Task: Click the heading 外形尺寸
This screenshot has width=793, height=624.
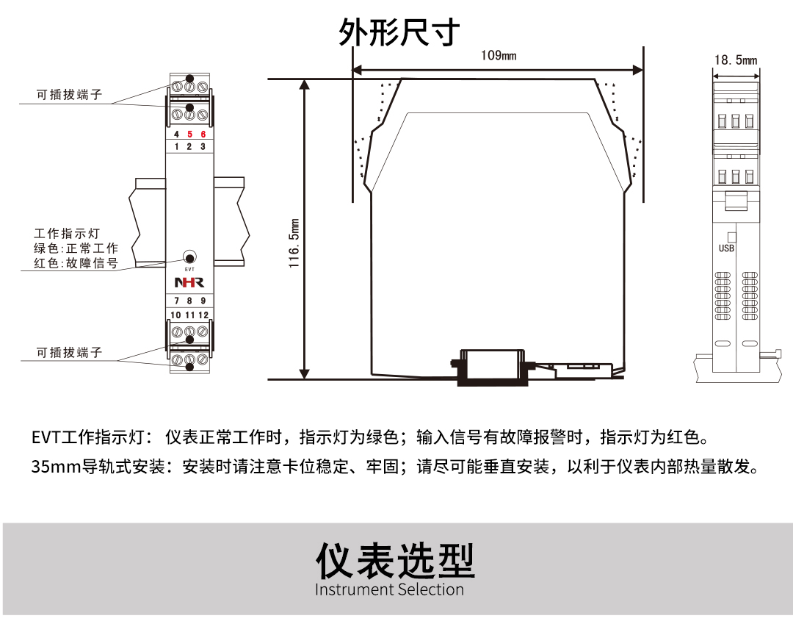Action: click(399, 33)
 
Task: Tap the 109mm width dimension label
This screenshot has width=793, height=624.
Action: click(499, 56)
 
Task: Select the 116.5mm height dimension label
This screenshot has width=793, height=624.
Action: click(294, 243)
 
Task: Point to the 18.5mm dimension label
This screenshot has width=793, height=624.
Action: click(736, 60)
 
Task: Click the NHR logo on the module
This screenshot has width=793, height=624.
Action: click(189, 283)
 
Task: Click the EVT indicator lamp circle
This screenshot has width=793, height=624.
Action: click(189, 258)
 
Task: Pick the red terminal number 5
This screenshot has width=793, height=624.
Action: click(189, 135)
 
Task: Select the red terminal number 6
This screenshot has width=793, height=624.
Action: click(203, 135)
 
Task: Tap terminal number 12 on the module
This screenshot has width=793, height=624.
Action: click(203, 315)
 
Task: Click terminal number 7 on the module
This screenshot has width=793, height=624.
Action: click(176, 301)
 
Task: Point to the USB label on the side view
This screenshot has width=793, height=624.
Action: click(726, 248)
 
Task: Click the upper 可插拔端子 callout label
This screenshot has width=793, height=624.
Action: click(70, 95)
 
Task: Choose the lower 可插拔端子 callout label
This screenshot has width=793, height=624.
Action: click(70, 353)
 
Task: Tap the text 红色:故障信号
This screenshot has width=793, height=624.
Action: click(76, 263)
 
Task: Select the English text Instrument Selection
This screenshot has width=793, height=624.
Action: click(389, 589)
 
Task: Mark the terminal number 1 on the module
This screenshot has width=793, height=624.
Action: click(176, 147)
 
